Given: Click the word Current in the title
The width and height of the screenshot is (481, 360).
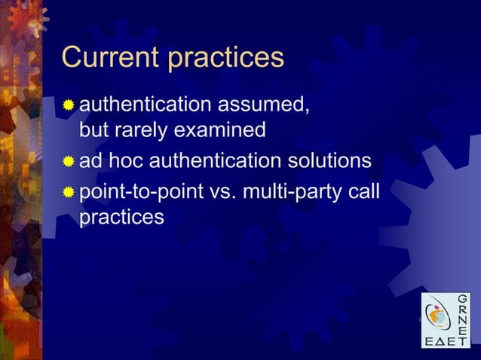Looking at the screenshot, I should [110, 58].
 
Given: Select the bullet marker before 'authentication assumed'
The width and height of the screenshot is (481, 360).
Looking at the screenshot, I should [69, 105].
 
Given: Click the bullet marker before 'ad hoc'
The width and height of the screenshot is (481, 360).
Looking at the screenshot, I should [69, 162].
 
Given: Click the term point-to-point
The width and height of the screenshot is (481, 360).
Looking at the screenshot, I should [139, 191].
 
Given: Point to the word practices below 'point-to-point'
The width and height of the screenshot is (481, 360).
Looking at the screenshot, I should [121, 218].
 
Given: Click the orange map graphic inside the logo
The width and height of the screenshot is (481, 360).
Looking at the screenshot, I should [436, 316].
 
